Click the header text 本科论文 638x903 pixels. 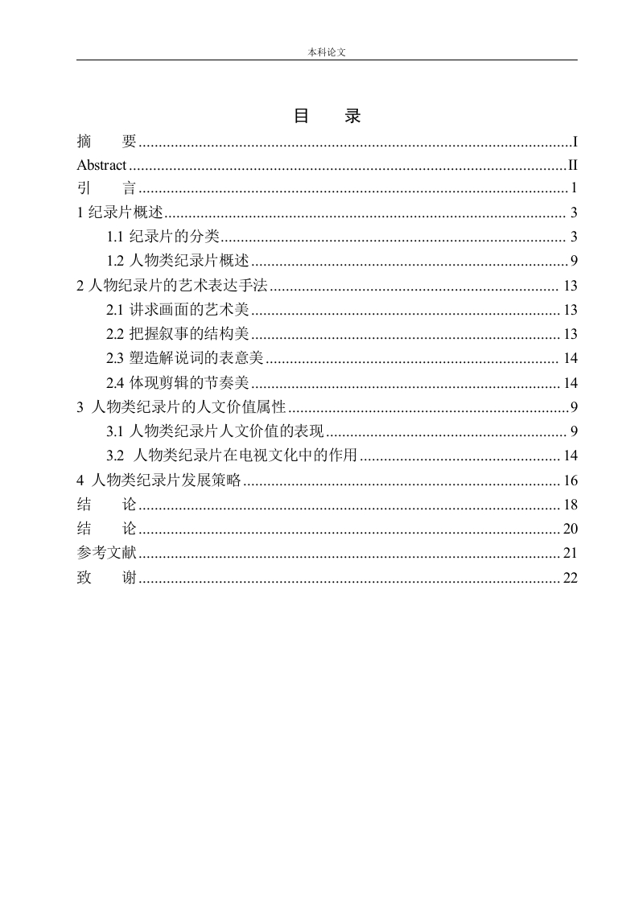tap(327, 52)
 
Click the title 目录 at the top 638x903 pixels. tap(327, 117)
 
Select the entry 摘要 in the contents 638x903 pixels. tap(107, 142)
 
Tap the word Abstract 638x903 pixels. tap(101, 166)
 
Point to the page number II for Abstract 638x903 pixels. tap(573, 166)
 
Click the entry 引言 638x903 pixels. tap(107, 189)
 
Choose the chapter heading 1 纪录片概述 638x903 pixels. tap(120, 213)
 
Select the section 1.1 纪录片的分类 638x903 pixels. tap(164, 237)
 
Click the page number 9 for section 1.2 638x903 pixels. tap(574, 261)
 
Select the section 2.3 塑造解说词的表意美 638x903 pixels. tap(186, 359)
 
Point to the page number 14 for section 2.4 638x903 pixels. tap(570, 383)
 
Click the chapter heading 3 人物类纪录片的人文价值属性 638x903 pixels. tap(182, 407)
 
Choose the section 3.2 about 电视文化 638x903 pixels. tap(232, 456)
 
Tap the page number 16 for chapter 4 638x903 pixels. tap(570, 481)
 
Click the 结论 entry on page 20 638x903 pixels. tap(107, 529)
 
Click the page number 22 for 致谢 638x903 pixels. tap(570, 579)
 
